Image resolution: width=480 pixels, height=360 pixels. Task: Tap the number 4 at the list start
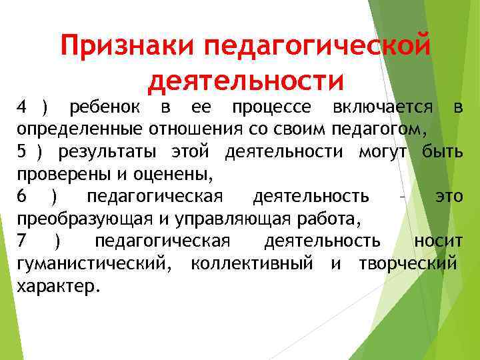pyautogui.click(x=21, y=107)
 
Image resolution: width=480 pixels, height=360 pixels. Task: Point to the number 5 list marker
pyautogui.click(x=21, y=152)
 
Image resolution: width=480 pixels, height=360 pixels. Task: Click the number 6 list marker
pyautogui.click(x=22, y=197)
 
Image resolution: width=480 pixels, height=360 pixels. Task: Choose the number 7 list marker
pyautogui.click(x=22, y=241)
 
